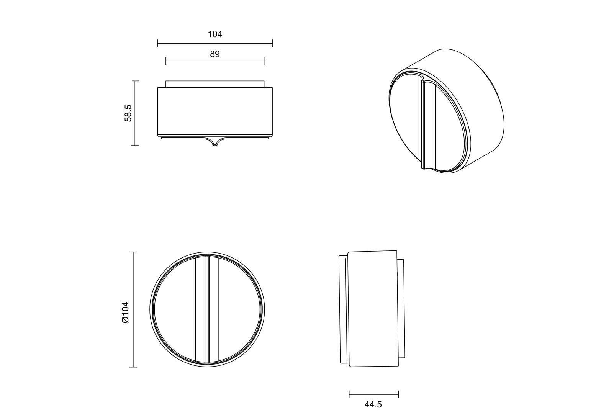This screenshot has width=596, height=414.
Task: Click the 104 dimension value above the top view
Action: tap(215, 34)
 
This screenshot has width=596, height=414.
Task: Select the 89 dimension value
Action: tap(215, 54)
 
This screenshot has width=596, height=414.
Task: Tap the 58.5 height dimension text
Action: tap(128, 113)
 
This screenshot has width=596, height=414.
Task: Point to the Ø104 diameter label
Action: tap(125, 313)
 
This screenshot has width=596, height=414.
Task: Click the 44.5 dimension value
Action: tap(373, 405)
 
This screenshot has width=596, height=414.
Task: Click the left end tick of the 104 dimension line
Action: tap(157, 43)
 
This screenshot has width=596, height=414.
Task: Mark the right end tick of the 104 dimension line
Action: tap(272, 43)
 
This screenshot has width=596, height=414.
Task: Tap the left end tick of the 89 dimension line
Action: tap(166, 61)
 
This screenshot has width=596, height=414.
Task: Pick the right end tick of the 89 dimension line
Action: tap(264, 61)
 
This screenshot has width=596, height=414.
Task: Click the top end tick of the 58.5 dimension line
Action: tap(135, 81)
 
